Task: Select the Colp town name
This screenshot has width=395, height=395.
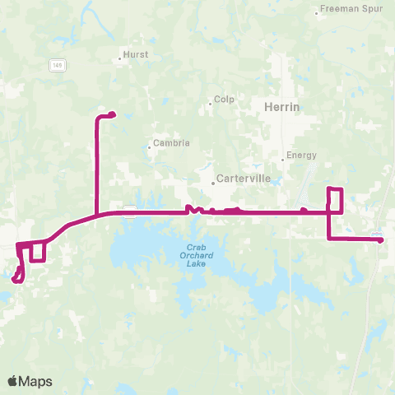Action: (x=225, y=100)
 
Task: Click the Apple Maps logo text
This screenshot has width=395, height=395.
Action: (x=30, y=381)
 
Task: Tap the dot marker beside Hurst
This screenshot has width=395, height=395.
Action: (x=118, y=58)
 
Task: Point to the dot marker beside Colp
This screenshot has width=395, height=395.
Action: (x=211, y=102)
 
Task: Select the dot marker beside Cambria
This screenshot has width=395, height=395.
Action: (x=150, y=147)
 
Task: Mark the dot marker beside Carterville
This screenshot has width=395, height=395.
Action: (x=213, y=184)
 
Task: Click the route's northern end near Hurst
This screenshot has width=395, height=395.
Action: (x=112, y=114)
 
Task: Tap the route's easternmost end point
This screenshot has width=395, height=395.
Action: (x=381, y=239)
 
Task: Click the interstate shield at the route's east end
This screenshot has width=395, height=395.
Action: (x=377, y=234)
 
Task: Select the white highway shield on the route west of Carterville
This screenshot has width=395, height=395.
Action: (x=129, y=208)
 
